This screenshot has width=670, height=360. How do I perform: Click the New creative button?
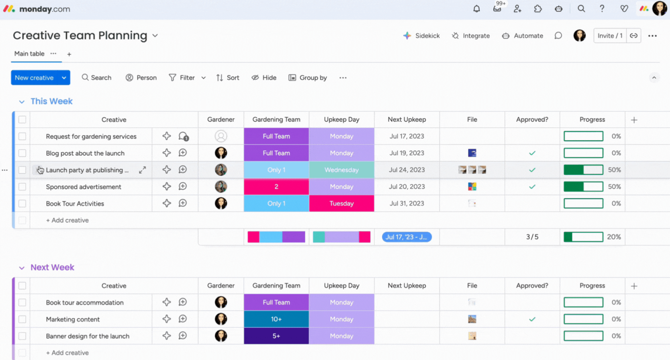pos(34,78)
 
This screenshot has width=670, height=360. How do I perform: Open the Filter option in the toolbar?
pos(183,78)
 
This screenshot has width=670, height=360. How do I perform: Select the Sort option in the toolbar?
pos(228,78)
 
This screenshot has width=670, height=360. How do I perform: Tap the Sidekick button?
pos(421,36)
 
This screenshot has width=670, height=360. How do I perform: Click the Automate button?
pos(523,36)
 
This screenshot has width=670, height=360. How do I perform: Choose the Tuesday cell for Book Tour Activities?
pos(341,204)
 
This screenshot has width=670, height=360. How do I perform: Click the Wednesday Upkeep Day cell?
pos(341,170)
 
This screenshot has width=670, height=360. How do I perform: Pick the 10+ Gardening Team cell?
pos(276,319)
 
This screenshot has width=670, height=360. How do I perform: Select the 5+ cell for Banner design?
pos(276,336)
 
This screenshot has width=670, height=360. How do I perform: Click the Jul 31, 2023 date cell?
pos(406,204)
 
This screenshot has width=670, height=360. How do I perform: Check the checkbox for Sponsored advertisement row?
pos(22,187)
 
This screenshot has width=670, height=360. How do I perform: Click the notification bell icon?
pos(476,9)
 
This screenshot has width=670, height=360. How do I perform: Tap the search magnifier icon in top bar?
pos(581,9)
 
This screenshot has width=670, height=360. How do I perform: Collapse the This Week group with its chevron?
pos(22,102)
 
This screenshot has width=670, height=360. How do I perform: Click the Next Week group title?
pos(52,268)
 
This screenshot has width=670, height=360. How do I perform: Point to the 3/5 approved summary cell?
pos(532,237)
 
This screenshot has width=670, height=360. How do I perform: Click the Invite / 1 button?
pos(610,36)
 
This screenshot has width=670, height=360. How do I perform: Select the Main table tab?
pos(29,54)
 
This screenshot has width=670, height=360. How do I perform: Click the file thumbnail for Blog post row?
pos(472,153)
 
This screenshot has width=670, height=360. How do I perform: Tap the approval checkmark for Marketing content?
pos(532,319)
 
